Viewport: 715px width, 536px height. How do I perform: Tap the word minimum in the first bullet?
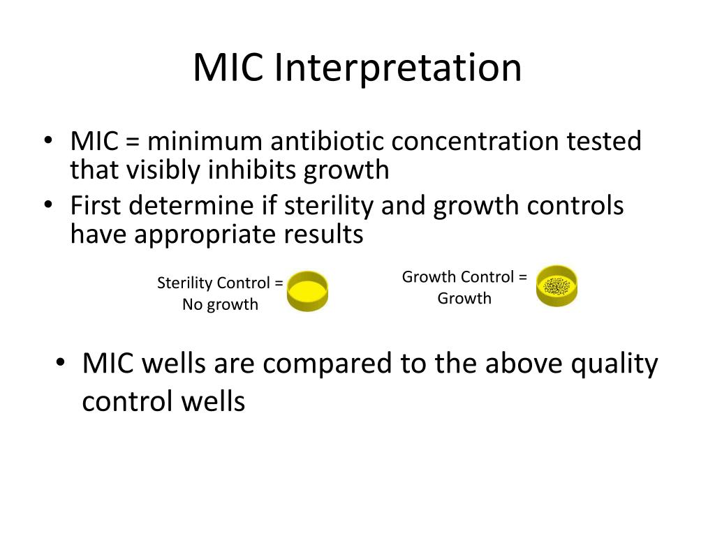pyautogui.click(x=205, y=142)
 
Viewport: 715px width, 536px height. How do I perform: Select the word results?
pyautogui.click(x=323, y=235)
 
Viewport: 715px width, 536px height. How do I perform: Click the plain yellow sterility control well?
pyautogui.click(x=307, y=291)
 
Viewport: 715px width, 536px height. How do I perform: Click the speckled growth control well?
pyautogui.click(x=556, y=285)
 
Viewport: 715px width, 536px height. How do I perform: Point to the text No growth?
pyautogui.click(x=220, y=304)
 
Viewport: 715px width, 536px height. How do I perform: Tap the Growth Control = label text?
pyautogui.click(x=464, y=277)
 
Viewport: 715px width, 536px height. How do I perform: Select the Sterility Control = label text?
pyautogui.click(x=220, y=283)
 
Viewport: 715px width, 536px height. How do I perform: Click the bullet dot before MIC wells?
pyautogui.click(x=61, y=364)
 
